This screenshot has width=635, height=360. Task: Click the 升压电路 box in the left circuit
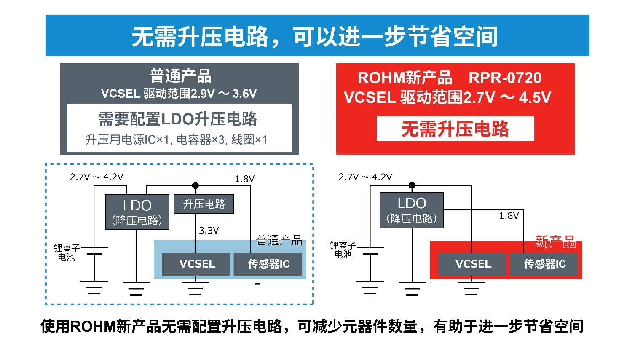[204, 204]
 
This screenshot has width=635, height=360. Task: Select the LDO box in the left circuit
[137, 212]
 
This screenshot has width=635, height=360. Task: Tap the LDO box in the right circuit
[412, 210]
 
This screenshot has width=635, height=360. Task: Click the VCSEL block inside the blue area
[196, 264]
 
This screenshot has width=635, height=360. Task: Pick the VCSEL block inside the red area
[472, 264]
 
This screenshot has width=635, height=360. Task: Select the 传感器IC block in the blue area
[268, 264]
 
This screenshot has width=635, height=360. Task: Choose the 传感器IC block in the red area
[544, 264]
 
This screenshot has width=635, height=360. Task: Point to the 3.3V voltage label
[209, 231]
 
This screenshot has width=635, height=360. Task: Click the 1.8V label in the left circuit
[244, 179]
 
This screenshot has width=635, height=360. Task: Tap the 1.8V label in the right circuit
[509, 216]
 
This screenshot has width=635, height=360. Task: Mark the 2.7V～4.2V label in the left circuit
[96, 177]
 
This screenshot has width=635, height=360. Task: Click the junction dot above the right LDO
[412, 185]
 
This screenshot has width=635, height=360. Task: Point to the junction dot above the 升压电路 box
[195, 185]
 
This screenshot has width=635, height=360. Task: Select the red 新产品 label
[555, 242]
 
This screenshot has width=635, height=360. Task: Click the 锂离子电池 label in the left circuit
[67, 253]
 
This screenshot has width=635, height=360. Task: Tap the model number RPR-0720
[505, 78]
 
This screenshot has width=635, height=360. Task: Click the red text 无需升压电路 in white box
[455, 129]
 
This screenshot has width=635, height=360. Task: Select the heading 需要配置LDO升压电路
[177, 119]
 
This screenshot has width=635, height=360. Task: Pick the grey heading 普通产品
[180, 76]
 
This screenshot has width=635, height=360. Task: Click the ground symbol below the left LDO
[136, 288]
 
